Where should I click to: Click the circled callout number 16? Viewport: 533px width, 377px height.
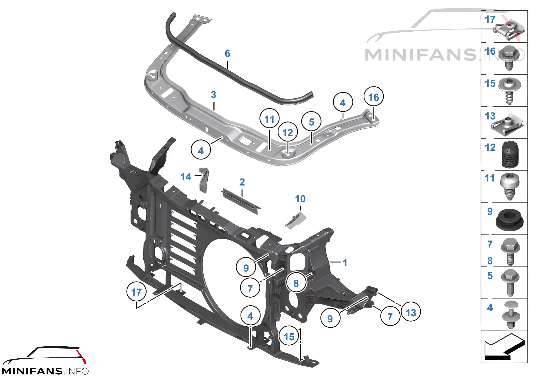[x=373, y=96]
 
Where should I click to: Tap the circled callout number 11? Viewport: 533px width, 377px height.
[x=269, y=118]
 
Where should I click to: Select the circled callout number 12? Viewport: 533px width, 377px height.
[x=288, y=132]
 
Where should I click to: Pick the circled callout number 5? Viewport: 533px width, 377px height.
[x=311, y=121]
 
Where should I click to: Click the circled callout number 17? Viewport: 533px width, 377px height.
[x=137, y=292]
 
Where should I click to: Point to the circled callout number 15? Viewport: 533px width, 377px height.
[x=289, y=336]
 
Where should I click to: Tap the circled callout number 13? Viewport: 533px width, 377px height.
[x=411, y=312]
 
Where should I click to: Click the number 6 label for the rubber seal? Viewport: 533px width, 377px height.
[x=228, y=53]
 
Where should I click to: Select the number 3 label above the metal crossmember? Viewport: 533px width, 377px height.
[x=214, y=95]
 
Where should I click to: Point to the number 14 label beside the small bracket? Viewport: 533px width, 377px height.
[x=186, y=177]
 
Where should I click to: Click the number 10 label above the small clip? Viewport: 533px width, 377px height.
[x=300, y=199]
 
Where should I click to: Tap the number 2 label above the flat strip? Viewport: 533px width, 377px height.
[x=242, y=182]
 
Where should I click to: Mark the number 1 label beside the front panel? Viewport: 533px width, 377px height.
[x=345, y=263]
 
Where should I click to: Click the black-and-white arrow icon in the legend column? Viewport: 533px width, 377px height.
[x=504, y=347]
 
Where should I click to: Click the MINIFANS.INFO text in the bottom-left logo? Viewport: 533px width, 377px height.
[x=45, y=371]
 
